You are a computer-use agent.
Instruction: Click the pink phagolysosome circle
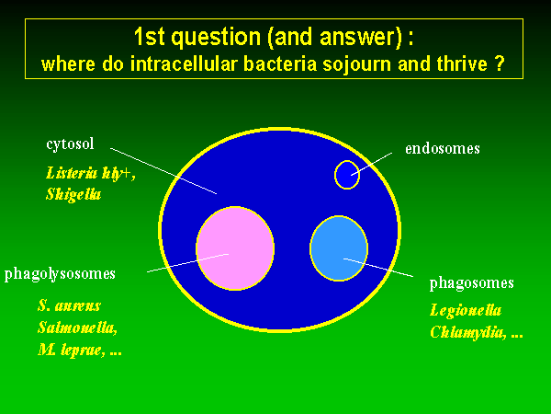(x=235, y=248)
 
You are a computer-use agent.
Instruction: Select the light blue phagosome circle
(x=339, y=248)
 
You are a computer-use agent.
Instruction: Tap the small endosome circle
(x=347, y=175)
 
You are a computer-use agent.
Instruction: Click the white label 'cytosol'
(x=71, y=144)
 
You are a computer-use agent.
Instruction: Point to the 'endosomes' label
(x=443, y=148)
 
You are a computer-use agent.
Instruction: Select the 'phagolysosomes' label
(x=60, y=274)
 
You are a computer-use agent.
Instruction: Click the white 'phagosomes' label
(x=472, y=283)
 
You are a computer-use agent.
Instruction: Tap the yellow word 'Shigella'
(x=73, y=194)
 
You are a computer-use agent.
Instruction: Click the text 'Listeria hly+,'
(x=91, y=174)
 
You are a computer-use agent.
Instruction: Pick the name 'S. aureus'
(x=69, y=305)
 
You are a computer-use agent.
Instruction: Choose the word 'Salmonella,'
(x=77, y=328)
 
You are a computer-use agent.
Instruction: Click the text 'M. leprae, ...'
(x=80, y=350)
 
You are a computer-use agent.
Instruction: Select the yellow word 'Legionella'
(x=466, y=310)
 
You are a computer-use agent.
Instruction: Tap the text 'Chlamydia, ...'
(x=477, y=332)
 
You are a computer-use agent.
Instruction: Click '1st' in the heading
(x=149, y=37)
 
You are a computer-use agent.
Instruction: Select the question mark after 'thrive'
(x=500, y=63)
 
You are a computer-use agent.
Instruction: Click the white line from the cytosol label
(x=163, y=171)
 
